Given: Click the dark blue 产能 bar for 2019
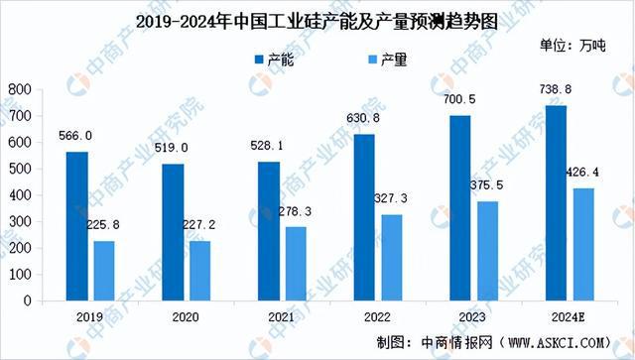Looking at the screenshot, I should [x=76, y=225].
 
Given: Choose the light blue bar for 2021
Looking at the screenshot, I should [x=297, y=263].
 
